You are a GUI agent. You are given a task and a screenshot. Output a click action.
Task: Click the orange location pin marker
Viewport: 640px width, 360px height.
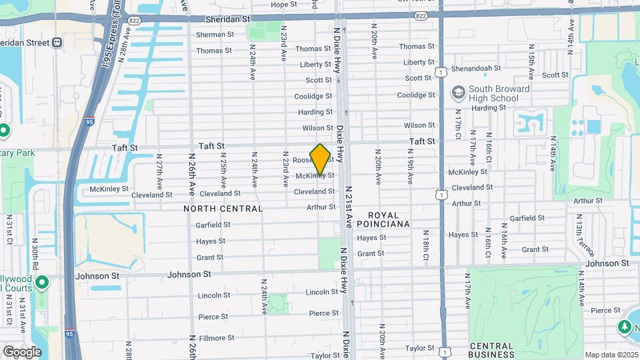tap(321, 159)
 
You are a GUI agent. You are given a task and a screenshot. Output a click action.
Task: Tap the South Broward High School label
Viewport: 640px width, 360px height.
tap(499, 94)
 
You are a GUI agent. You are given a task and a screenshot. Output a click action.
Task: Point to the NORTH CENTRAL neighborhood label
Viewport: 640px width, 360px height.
tap(223, 209)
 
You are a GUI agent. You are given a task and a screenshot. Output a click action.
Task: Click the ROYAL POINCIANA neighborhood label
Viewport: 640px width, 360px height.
tap(383, 220)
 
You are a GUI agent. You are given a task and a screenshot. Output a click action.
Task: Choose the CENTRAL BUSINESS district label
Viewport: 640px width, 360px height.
tap(491, 350)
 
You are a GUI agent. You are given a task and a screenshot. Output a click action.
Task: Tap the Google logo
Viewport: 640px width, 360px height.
tap(23, 351)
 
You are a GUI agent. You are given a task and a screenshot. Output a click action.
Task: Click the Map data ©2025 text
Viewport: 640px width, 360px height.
tap(612, 355)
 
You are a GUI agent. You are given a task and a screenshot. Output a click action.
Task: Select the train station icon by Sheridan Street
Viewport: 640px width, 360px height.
tap(57, 43)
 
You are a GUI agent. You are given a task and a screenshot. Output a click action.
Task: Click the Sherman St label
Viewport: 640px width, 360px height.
tap(215, 34)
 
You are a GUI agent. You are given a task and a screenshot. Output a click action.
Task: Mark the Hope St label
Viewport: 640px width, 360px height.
tap(283, 5)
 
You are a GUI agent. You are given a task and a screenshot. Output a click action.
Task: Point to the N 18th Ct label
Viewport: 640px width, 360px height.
tap(425, 247)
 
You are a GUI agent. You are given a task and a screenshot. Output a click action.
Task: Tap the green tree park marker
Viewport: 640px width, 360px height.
tap(624, 327)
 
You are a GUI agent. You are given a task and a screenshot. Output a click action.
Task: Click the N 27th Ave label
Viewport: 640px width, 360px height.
tap(159, 171)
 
